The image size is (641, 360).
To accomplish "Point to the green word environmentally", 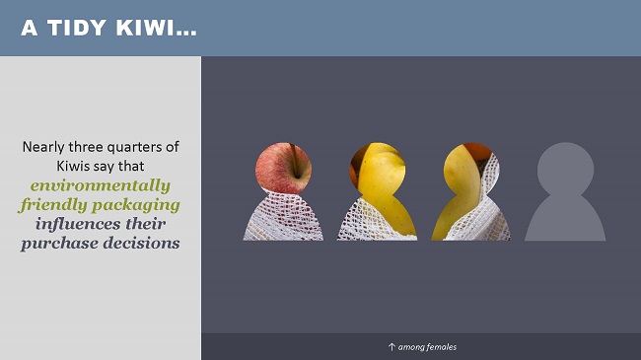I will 101,185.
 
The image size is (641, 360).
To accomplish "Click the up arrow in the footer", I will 392,347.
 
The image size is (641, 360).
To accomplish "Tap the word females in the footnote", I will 441,347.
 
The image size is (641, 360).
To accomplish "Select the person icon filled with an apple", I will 283,193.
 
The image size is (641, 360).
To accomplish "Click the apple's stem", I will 291,153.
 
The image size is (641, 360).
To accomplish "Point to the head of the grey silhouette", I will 565,168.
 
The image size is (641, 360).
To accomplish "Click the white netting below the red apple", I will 283,219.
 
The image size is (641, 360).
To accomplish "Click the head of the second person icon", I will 377,168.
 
